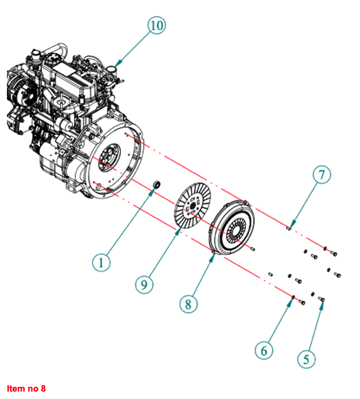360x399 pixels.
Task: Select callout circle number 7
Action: click(x=322, y=175)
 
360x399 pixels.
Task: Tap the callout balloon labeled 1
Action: click(x=101, y=262)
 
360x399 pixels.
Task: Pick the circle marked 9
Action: click(x=144, y=284)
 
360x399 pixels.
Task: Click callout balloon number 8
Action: click(x=188, y=304)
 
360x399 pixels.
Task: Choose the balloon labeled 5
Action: click(x=307, y=359)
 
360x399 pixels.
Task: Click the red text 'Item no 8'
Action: click(x=26, y=389)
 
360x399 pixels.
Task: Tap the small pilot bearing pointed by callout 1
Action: click(x=158, y=184)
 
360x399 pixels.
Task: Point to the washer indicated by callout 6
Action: click(x=293, y=297)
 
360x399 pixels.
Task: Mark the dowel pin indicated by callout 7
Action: click(x=288, y=228)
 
